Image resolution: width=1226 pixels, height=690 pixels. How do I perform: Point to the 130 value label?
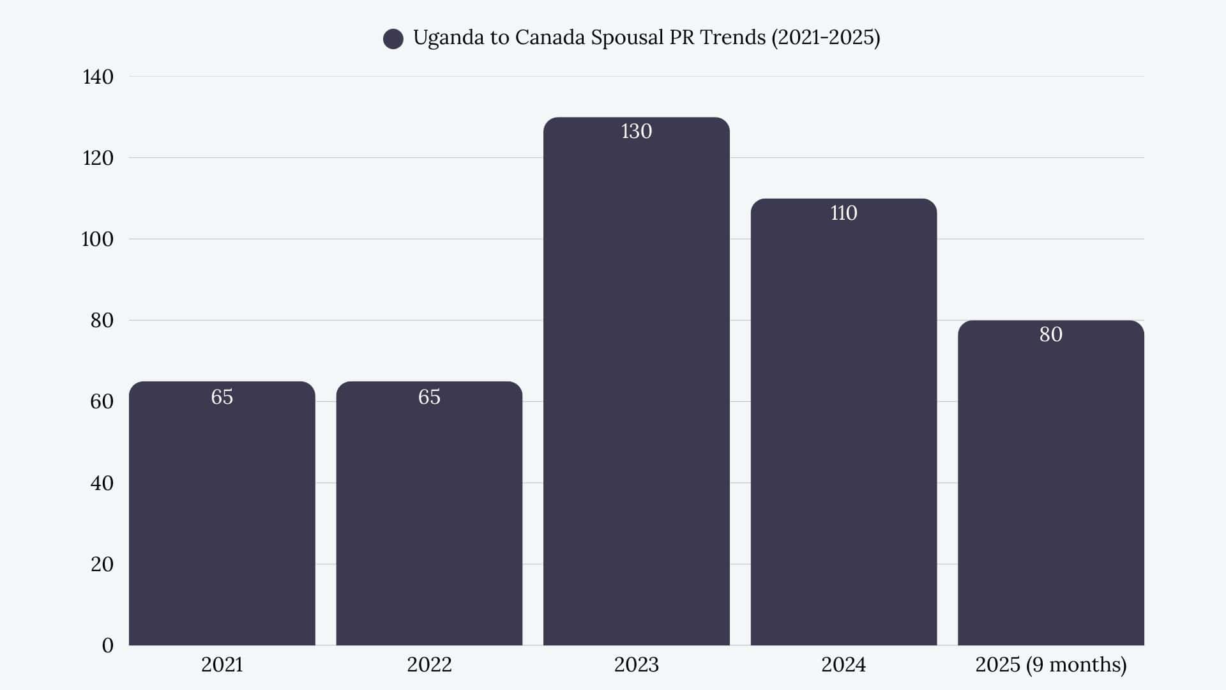coord(636,131)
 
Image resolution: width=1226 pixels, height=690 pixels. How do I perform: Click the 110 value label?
coord(843,213)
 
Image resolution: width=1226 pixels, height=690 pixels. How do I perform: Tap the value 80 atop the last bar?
coord(1050,334)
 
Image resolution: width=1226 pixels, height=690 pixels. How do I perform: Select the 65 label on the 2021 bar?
coord(222,397)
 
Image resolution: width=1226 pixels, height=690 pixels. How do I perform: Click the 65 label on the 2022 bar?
coord(429,397)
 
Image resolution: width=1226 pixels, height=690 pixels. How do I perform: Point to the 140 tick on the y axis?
coord(98,77)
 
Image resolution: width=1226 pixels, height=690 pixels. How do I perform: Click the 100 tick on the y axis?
coord(97,239)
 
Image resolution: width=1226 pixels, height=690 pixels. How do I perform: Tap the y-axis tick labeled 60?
coord(102,401)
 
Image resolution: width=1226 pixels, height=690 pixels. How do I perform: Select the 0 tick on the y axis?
coord(107,645)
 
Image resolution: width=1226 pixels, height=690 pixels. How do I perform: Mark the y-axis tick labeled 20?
coord(102,564)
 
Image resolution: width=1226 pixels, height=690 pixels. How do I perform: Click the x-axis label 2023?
coord(636,664)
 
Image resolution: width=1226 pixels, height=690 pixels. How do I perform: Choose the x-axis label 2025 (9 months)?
coord(1050,664)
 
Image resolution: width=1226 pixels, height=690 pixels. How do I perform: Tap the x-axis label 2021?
coord(222,664)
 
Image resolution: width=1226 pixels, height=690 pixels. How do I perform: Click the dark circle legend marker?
coord(393,39)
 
